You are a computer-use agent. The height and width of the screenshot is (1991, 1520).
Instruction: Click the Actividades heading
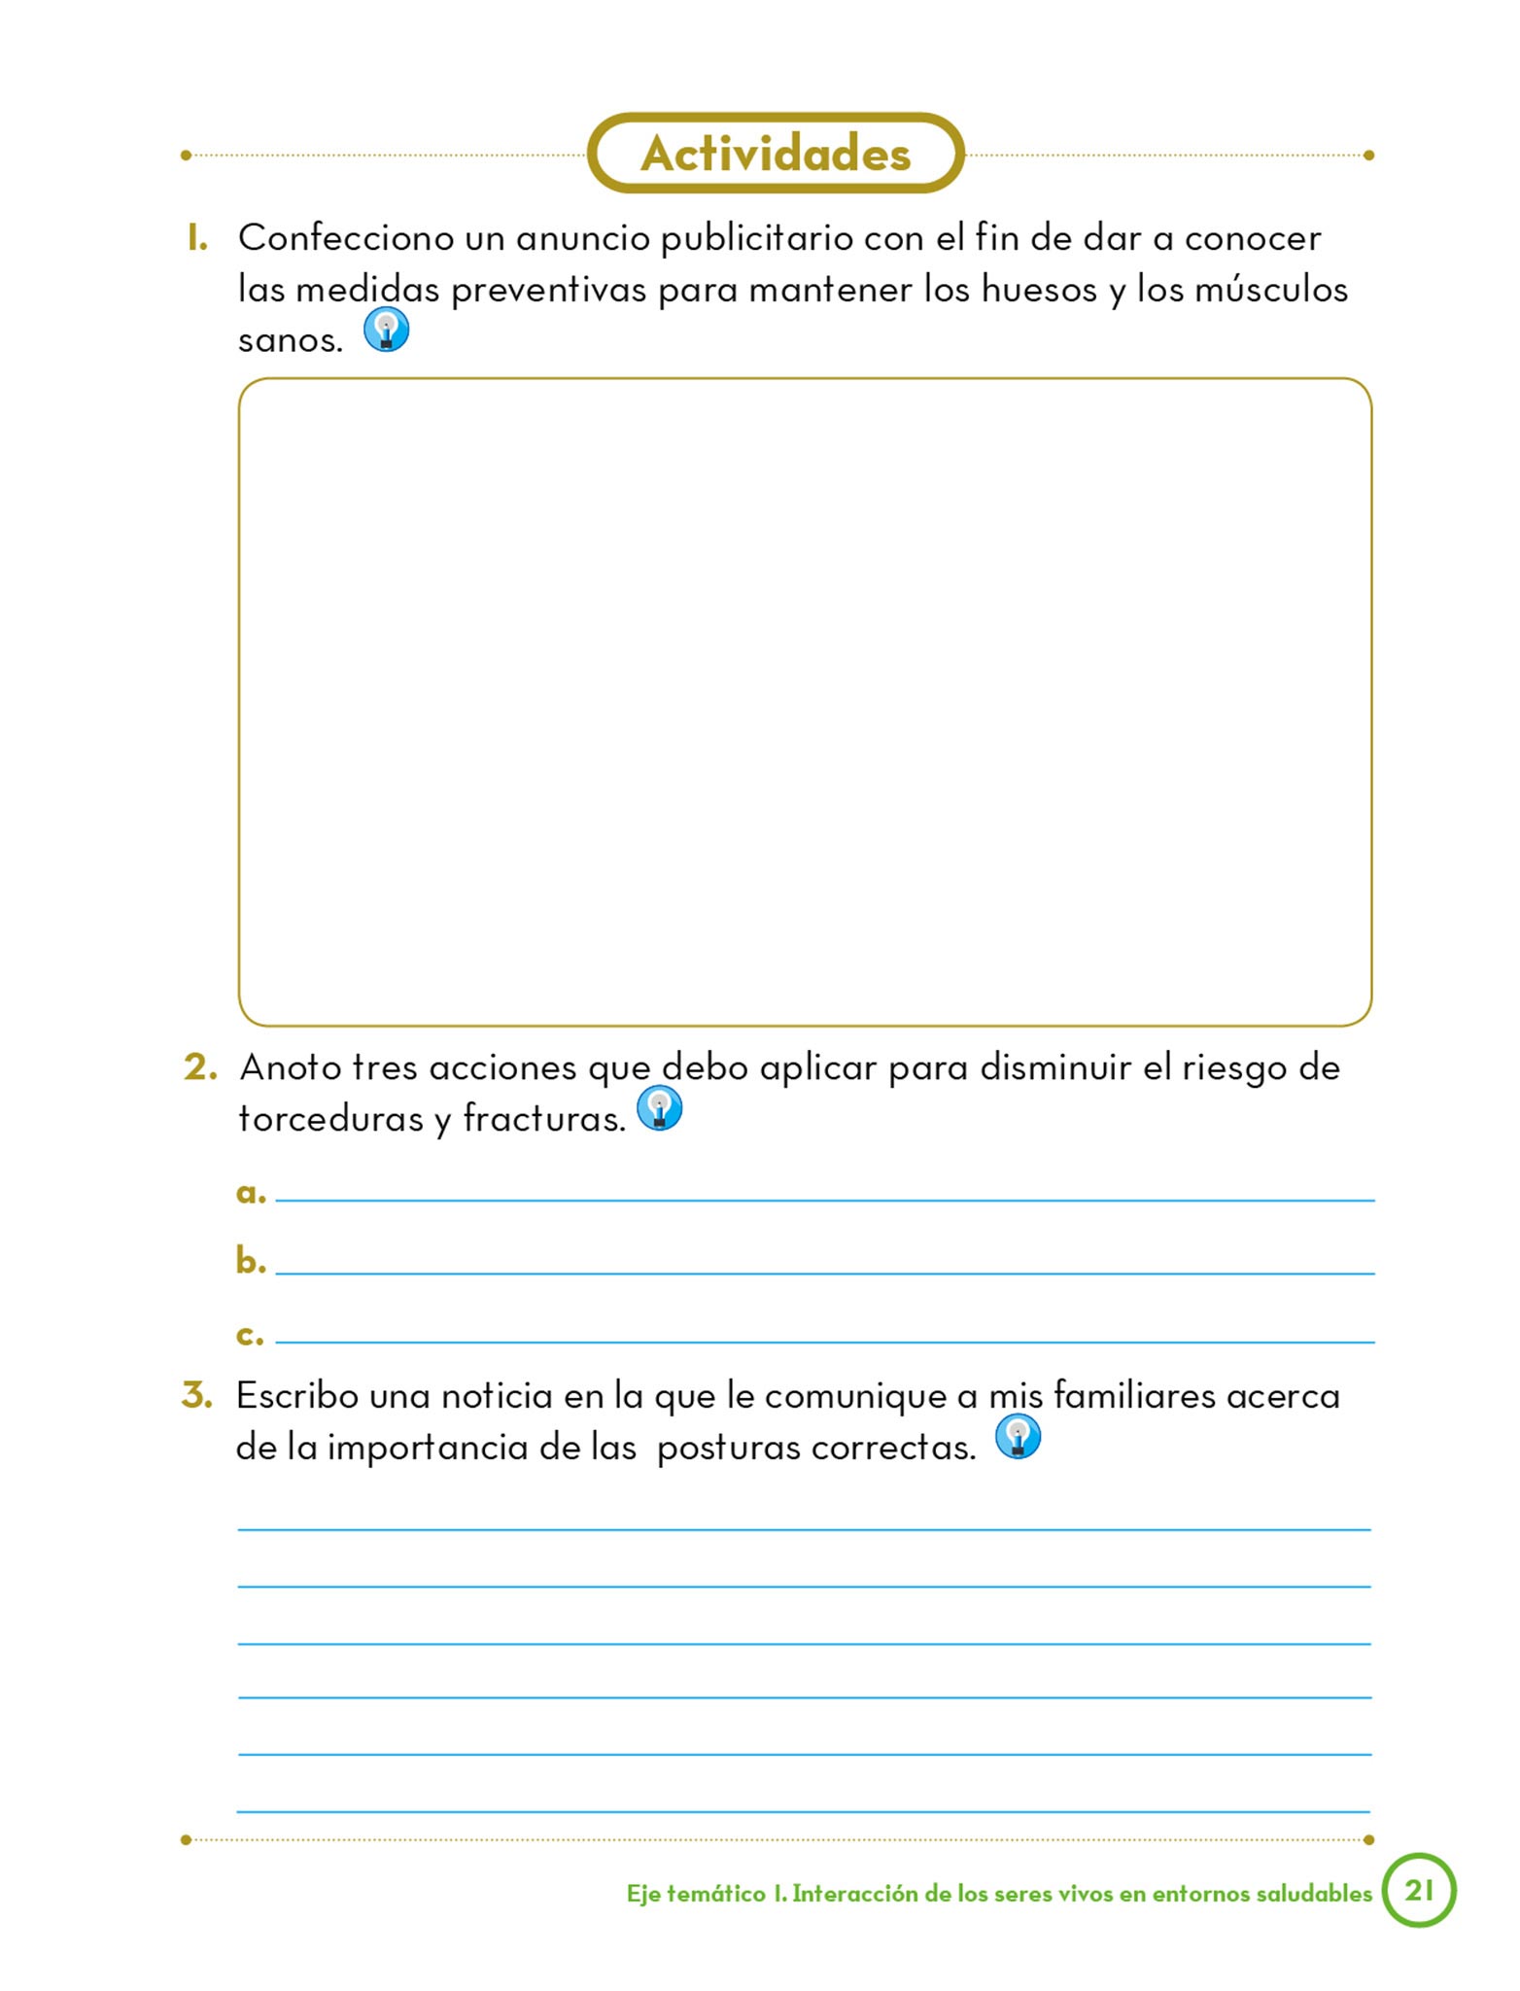pyautogui.click(x=776, y=154)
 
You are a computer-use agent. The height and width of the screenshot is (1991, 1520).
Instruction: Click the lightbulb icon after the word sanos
pyautogui.click(x=386, y=330)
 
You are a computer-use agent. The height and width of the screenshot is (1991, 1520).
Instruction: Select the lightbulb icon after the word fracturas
pyautogui.click(x=659, y=1108)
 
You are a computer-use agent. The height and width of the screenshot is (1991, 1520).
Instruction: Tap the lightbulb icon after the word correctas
pyautogui.click(x=1018, y=1437)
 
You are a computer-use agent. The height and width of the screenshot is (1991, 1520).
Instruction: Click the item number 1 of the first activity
pyautogui.click(x=197, y=238)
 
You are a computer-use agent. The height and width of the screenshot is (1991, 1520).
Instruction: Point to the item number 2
pyautogui.click(x=200, y=1067)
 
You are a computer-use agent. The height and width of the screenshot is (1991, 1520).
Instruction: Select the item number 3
pyautogui.click(x=197, y=1395)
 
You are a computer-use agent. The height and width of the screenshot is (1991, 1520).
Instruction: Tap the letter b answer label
pyautogui.click(x=251, y=1261)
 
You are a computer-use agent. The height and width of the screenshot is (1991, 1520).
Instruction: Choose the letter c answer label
pyautogui.click(x=250, y=1335)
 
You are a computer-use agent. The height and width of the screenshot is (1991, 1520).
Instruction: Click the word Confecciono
pyautogui.click(x=346, y=238)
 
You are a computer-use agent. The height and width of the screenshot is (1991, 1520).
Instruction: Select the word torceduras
pyautogui.click(x=331, y=1119)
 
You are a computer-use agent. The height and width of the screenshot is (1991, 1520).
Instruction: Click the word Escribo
pyautogui.click(x=297, y=1396)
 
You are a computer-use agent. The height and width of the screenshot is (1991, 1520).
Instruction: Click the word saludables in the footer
pyautogui.click(x=1313, y=1893)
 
